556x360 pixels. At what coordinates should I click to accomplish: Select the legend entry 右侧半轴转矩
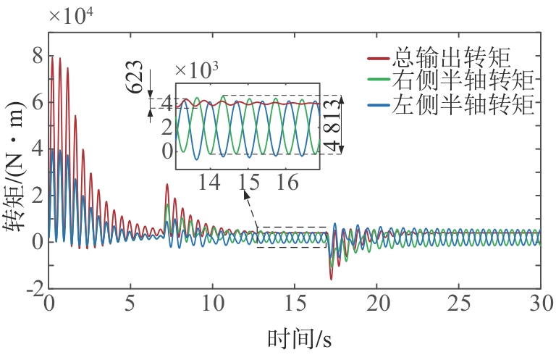coord(463,80)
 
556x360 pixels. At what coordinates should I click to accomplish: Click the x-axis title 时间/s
coord(299,338)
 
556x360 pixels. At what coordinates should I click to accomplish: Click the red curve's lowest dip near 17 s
coord(332,279)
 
